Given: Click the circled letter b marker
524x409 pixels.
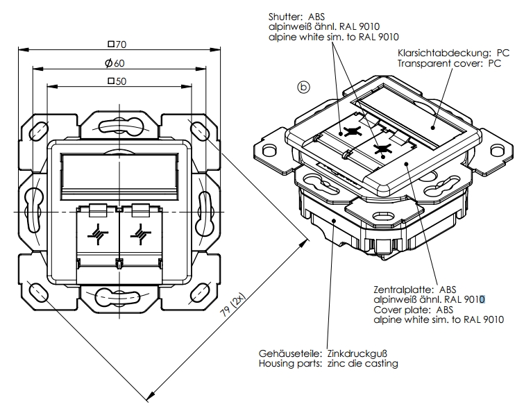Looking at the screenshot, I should [303, 87].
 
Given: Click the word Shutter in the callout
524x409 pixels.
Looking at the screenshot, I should [285, 15].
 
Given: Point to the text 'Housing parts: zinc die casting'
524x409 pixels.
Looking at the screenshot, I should [328, 363].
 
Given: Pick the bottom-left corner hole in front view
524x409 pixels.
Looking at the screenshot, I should [35, 288].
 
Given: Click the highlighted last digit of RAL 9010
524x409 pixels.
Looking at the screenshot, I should [482, 299].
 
